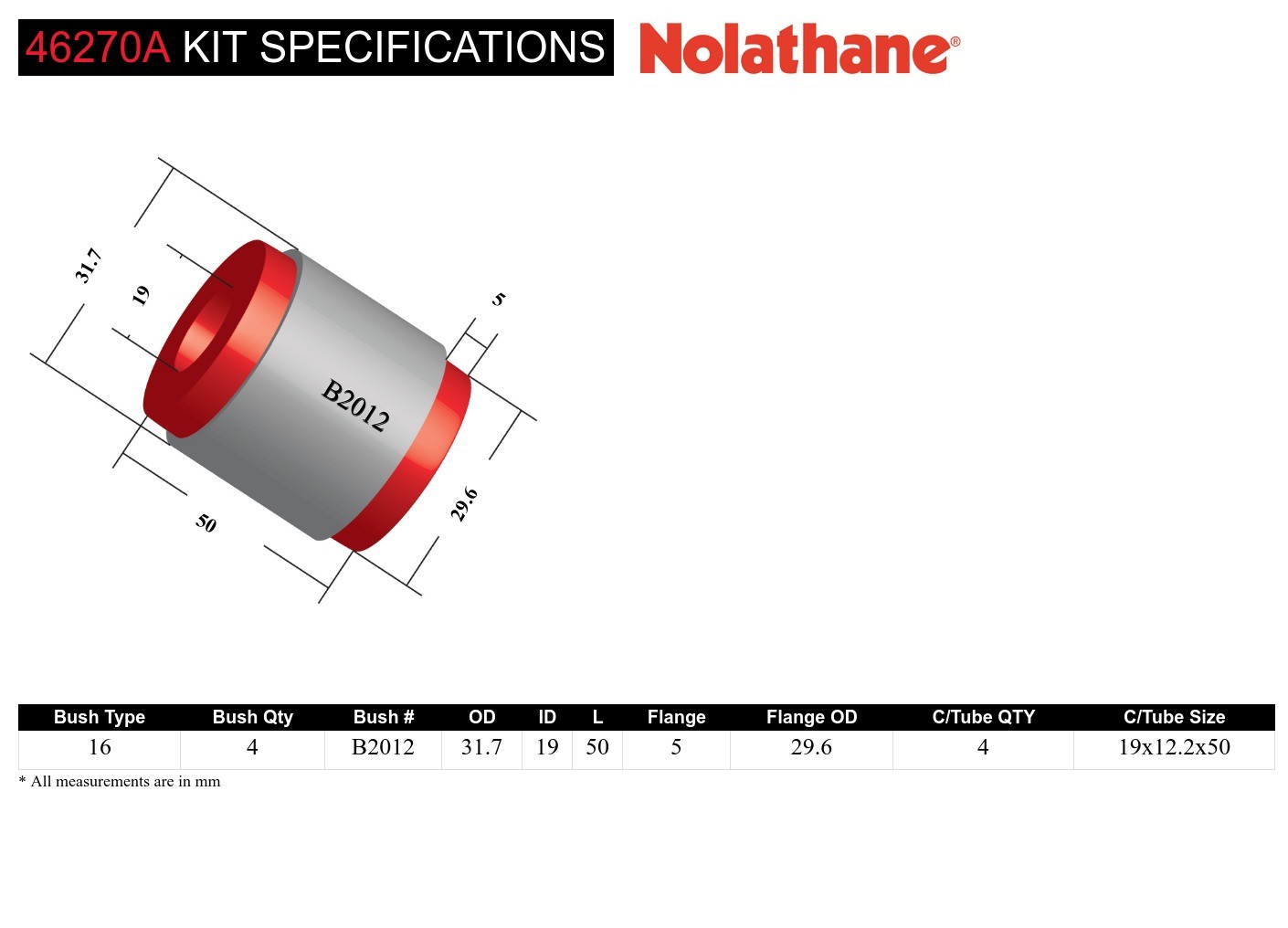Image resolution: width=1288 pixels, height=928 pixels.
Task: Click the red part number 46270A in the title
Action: click(97, 47)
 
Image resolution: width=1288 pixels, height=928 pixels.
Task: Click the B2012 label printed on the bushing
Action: click(355, 405)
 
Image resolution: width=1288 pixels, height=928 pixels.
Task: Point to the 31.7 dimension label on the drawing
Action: click(88, 266)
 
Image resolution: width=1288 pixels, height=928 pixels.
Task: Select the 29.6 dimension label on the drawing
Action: click(464, 504)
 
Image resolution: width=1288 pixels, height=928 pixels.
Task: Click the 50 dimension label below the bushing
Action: click(206, 522)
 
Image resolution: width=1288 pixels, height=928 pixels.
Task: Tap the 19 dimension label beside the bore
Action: click(140, 295)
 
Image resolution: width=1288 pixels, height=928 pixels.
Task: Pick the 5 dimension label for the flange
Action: click(498, 299)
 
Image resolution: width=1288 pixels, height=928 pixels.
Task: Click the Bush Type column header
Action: click(99, 717)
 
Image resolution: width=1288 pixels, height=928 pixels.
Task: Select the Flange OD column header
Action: click(811, 717)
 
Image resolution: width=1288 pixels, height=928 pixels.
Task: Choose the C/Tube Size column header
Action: click(1174, 717)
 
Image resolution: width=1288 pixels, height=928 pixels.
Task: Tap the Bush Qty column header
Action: click(252, 717)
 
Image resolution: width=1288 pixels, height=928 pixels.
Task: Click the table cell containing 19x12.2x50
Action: click(1174, 747)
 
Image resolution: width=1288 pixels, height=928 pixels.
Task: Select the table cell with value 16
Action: click(99, 747)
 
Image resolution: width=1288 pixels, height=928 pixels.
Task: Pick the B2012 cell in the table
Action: click(383, 747)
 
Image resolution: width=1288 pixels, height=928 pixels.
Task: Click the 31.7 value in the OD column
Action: click(481, 747)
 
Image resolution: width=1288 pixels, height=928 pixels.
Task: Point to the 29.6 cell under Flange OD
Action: click(811, 747)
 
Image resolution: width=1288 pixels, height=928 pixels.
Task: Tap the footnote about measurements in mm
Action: click(120, 782)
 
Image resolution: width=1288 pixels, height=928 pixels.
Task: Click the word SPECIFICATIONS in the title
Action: click(432, 47)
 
